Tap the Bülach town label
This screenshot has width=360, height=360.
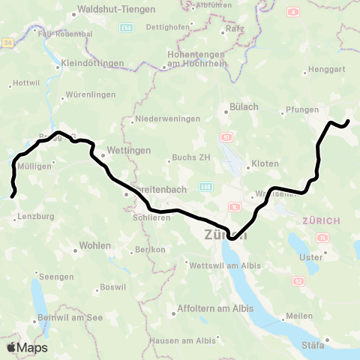244,107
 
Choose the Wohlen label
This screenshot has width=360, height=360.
95,246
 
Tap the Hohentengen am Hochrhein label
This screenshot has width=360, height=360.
195,60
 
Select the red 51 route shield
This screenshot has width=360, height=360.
226,137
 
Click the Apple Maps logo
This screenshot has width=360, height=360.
27,347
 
